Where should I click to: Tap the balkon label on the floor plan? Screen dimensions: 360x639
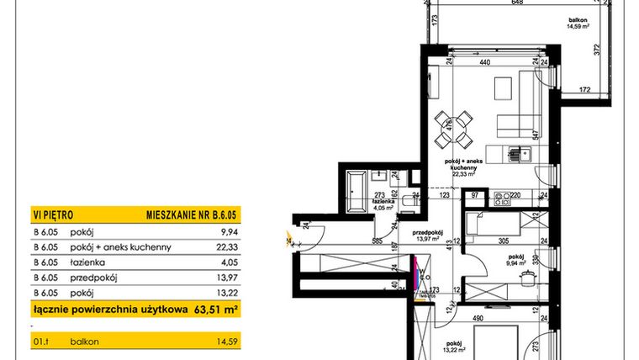point(576,19)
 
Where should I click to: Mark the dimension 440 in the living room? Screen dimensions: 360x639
point(483,63)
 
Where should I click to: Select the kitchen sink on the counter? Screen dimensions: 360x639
point(519,155)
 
